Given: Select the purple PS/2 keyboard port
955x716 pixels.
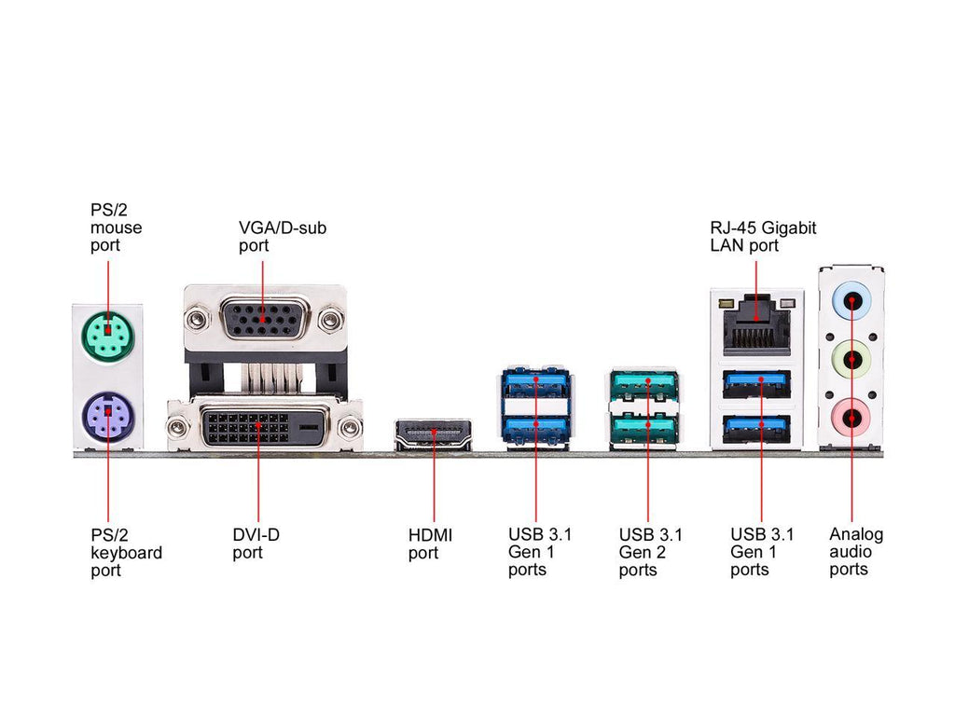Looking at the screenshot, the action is [x=108, y=417].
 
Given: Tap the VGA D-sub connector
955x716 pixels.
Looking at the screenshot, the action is [x=262, y=319].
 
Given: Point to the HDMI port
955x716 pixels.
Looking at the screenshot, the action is [x=433, y=434].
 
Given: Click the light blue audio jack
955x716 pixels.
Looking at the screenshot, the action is [x=851, y=300].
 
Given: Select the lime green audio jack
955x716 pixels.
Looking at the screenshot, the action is [x=851, y=359].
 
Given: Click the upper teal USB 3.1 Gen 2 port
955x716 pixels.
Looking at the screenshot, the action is [x=645, y=386].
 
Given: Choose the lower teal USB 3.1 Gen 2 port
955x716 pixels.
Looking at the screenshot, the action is [x=645, y=429].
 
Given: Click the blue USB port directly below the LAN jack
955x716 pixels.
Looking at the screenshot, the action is [x=757, y=385].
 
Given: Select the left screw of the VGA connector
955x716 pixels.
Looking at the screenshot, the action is [x=196, y=319].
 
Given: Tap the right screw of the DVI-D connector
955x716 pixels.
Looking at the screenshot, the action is [x=351, y=427].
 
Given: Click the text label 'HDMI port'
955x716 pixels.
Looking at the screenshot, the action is [x=431, y=544].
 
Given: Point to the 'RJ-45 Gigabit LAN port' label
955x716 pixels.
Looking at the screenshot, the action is [x=763, y=236].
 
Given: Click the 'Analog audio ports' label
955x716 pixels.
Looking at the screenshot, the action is [x=856, y=552].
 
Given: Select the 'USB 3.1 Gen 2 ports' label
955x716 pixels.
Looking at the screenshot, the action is [x=650, y=552].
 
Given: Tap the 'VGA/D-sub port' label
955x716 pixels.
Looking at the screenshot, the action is [x=282, y=236].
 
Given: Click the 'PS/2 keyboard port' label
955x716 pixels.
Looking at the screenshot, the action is [x=126, y=553].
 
